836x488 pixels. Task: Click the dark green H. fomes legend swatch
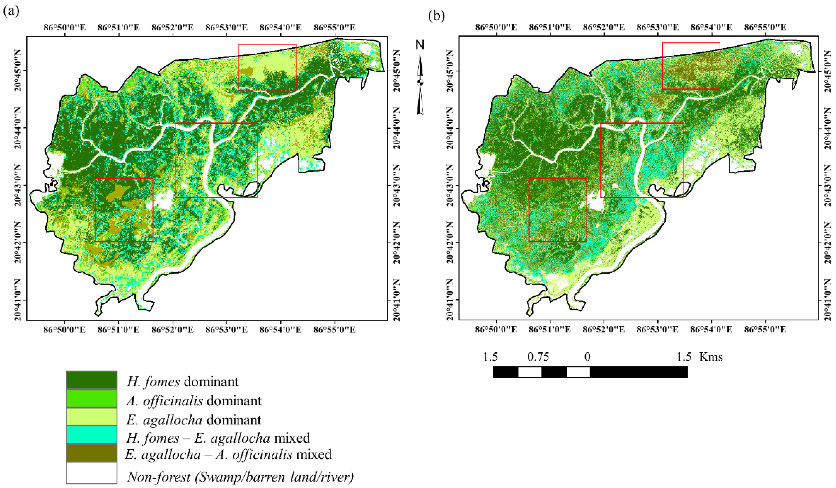pyautogui.click(x=92, y=380)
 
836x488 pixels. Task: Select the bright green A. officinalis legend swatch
pyautogui.click(x=92, y=398)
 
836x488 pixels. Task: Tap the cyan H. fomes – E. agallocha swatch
pyautogui.click(x=92, y=435)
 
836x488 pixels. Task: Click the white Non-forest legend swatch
pyautogui.click(x=92, y=473)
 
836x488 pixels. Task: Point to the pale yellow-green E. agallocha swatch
pyautogui.click(x=92, y=417)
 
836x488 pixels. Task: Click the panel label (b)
pyautogui.click(x=436, y=16)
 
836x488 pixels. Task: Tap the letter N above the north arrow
pyautogui.click(x=420, y=45)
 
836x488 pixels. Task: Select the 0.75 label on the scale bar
pyautogui.click(x=538, y=357)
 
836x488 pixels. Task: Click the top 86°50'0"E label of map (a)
pyautogui.click(x=65, y=27)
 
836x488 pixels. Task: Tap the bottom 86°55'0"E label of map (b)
pyautogui.click(x=765, y=329)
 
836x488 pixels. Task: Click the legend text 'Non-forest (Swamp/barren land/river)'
pyautogui.click(x=240, y=477)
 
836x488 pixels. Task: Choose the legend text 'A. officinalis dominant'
pyautogui.click(x=194, y=401)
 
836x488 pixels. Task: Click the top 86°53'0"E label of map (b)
pyautogui.click(x=658, y=27)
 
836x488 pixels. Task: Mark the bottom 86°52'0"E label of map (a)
pyautogui.click(x=172, y=329)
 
